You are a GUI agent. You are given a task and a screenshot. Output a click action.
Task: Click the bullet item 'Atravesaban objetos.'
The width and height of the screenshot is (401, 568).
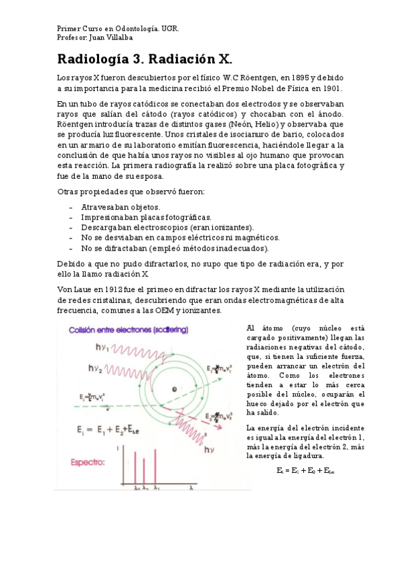pos(121,207)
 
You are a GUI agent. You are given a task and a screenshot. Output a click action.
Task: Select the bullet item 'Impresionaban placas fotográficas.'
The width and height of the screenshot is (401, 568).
pos(146,217)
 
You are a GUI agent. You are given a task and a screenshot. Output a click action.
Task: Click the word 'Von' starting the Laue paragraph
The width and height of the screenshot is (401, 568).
pos(65,289)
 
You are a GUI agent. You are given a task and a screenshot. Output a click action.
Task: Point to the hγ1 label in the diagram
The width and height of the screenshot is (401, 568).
pos(102,347)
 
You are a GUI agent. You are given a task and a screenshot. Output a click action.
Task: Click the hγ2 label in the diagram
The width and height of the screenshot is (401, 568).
pos(96,367)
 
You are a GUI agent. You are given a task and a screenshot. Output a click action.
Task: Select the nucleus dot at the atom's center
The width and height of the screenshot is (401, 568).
pos(173,389)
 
